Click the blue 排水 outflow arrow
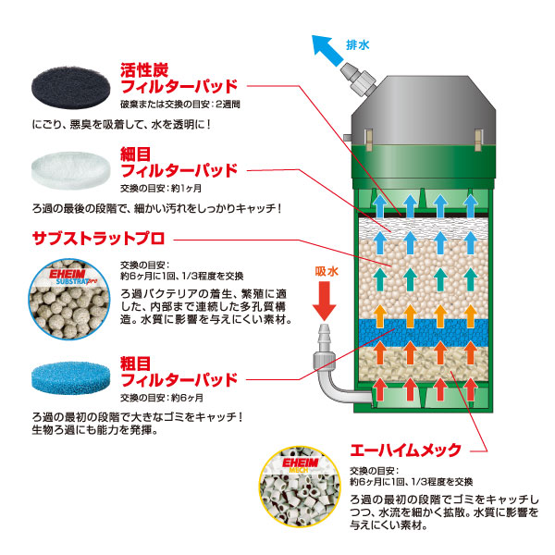pyautogui.click(x=327, y=50)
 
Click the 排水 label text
pyautogui.click(x=357, y=45)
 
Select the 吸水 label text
pyautogui.click(x=327, y=271)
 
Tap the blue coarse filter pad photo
pyautogui.click(x=70, y=378)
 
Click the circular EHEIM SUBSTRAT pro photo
pyautogui.click(x=69, y=299)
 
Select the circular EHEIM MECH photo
pyautogui.click(x=300, y=487)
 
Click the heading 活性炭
pyautogui.click(x=144, y=70)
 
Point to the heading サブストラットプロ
pyautogui.click(x=98, y=239)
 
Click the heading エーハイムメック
pyautogui.click(x=406, y=450)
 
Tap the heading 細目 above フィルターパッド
pyautogui.click(x=136, y=154)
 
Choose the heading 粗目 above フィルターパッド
pyautogui.click(x=136, y=364)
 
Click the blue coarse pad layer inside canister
pyautogui.click(x=424, y=333)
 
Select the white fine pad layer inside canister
pyautogui.click(x=424, y=228)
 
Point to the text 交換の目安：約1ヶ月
pyautogui.click(x=161, y=189)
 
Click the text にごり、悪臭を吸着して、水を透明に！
pyautogui.click(x=122, y=125)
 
